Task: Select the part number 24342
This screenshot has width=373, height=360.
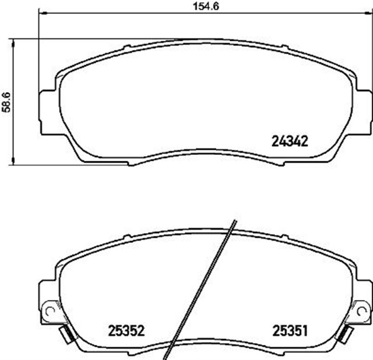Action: (290, 140)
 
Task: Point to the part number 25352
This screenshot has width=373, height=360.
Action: (126, 330)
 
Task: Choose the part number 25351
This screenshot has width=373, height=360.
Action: (290, 330)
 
